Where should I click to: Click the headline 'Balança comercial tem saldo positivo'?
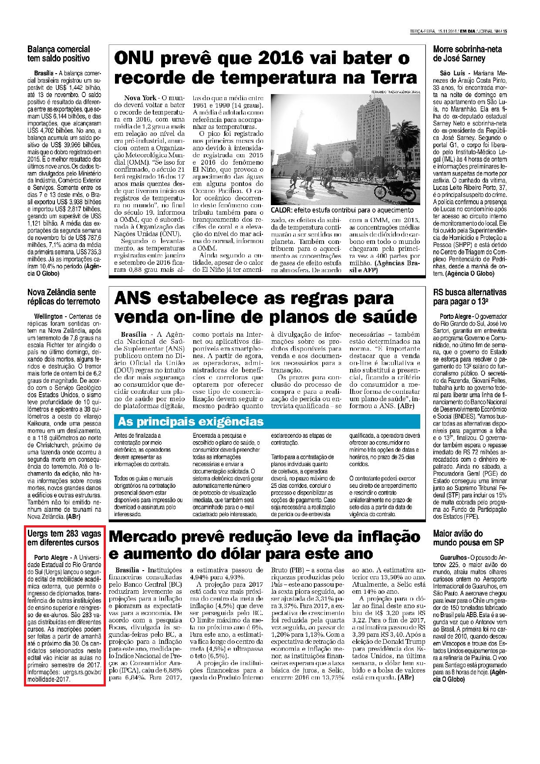58,54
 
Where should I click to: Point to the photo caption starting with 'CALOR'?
342,210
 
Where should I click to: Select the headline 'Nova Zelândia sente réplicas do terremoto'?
64,296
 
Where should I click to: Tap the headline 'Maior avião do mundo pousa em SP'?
462,538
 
